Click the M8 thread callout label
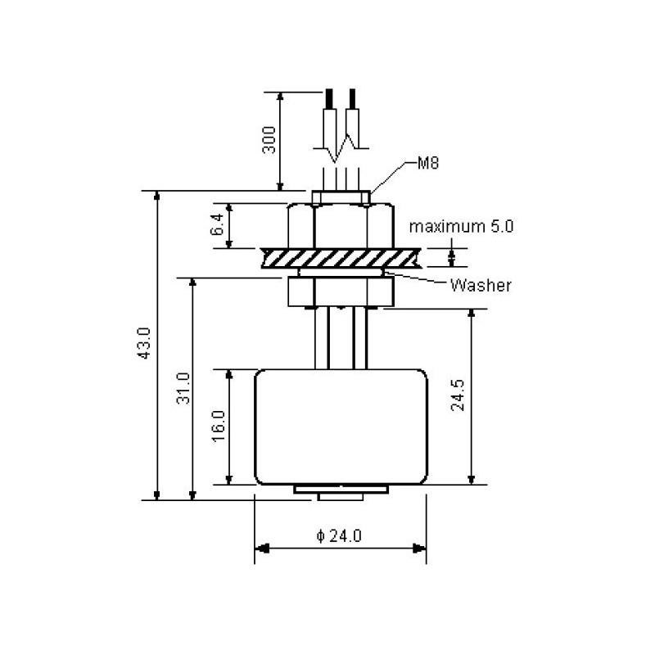pos(428,163)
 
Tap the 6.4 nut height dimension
pos(217,225)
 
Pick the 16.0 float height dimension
pos(218,424)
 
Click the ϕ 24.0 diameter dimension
pos(339,536)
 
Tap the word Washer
pos(481,286)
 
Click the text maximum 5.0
pos(461,227)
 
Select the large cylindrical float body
pos(340,426)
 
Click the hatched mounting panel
pos(340,257)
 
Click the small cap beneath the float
pos(340,490)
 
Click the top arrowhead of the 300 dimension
pos(281,95)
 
